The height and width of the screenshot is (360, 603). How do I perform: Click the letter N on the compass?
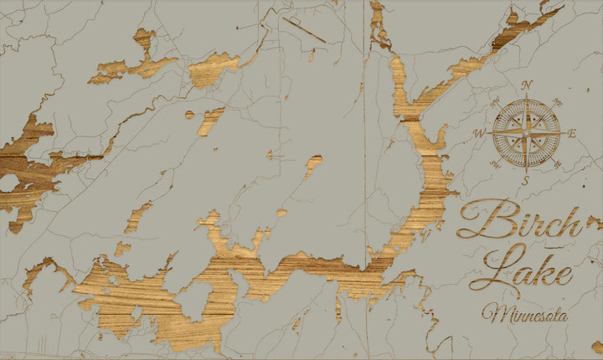(x=527, y=85)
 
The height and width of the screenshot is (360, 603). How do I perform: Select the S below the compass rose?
(x=526, y=179)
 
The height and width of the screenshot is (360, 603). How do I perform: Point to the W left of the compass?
(x=480, y=132)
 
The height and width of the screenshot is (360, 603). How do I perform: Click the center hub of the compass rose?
(x=527, y=132)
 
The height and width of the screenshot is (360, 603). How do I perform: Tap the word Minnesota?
(x=525, y=316)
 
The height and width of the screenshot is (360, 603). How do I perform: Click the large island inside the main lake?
(x=195, y=300)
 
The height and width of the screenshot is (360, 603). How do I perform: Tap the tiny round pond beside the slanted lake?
(x=190, y=115)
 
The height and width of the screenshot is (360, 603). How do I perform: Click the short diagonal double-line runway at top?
(x=304, y=29)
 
